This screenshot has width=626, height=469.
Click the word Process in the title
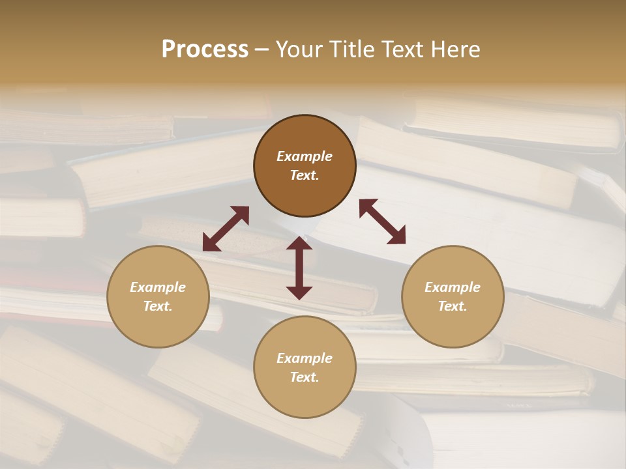(x=205, y=50)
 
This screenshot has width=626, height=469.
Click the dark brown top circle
(x=305, y=166)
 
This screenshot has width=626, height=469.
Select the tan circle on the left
(x=158, y=296)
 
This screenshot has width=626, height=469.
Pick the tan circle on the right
(x=452, y=296)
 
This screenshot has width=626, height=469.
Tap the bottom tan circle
(x=305, y=367)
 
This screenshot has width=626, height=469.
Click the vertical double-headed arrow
(x=299, y=268)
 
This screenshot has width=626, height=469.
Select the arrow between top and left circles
(x=226, y=229)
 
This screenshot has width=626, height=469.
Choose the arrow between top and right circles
(x=382, y=221)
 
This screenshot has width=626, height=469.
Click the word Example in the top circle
(x=305, y=156)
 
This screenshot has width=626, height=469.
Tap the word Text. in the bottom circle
(x=305, y=377)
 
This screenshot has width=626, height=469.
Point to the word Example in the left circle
(x=158, y=287)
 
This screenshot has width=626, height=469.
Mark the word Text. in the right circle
(x=452, y=306)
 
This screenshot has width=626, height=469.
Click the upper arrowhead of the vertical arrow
(x=299, y=244)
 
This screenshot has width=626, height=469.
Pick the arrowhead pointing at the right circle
(x=397, y=236)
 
